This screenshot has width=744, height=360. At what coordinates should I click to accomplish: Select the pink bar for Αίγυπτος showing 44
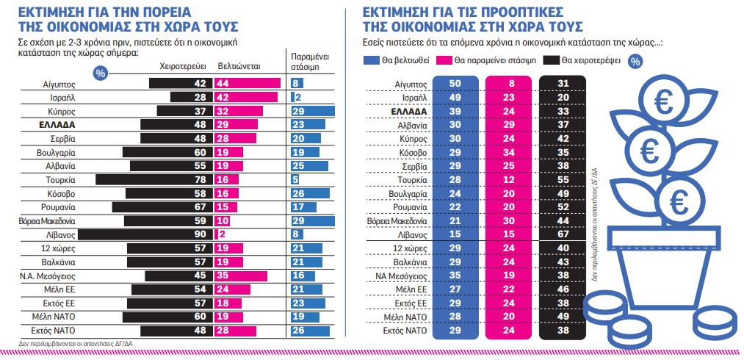247,84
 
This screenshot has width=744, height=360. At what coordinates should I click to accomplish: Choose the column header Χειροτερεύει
184,65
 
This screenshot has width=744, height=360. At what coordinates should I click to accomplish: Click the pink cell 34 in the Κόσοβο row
508,152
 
